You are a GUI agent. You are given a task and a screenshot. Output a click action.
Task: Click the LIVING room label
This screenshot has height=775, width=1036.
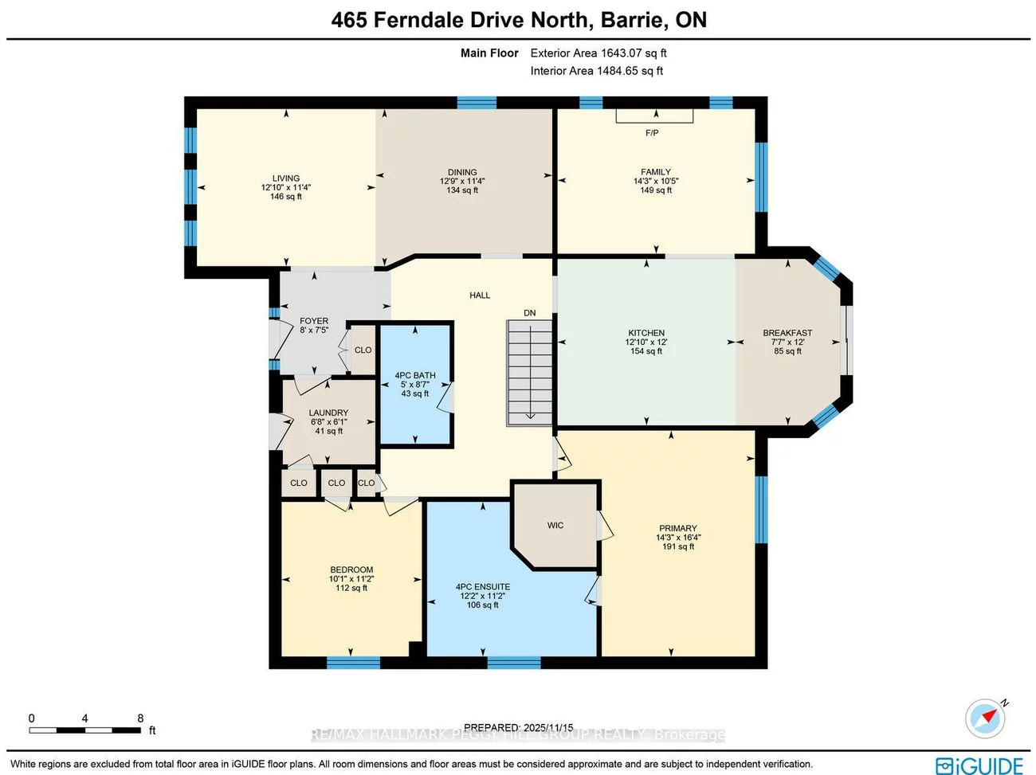click(x=286, y=178)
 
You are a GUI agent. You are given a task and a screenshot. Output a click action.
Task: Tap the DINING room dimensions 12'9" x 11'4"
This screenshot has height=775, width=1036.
click(x=462, y=181)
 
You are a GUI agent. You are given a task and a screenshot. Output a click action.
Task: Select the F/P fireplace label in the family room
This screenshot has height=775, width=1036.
click(x=652, y=133)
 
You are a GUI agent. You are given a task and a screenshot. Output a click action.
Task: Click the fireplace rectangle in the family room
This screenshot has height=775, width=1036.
click(x=654, y=116)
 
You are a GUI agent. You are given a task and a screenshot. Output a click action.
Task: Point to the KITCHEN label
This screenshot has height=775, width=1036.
click(x=646, y=333)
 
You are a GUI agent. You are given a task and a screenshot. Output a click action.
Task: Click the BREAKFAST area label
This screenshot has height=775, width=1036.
click(x=787, y=333)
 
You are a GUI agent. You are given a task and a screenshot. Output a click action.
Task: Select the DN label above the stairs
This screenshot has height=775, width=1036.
click(x=530, y=313)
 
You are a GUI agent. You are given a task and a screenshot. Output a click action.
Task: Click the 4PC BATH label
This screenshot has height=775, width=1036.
click(x=415, y=375)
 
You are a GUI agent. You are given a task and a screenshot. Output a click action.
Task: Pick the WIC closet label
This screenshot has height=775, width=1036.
click(x=555, y=526)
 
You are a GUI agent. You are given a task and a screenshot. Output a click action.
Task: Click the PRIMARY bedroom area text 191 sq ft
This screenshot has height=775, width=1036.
click(x=678, y=546)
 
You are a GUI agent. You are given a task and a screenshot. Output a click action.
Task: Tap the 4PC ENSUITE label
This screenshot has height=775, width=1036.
click(x=483, y=587)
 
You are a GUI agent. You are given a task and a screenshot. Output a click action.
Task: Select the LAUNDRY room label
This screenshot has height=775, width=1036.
click(x=328, y=413)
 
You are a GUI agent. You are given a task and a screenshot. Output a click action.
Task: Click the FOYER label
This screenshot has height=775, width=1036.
click(x=314, y=321)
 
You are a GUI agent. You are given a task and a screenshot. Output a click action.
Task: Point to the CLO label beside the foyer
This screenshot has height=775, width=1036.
click(x=363, y=350)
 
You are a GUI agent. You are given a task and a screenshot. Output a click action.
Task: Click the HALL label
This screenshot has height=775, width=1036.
click(x=480, y=296)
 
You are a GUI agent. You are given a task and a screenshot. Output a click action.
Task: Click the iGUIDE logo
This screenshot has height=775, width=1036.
click(x=979, y=765)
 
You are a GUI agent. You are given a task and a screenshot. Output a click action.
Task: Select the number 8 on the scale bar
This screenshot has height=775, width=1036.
click(x=140, y=718)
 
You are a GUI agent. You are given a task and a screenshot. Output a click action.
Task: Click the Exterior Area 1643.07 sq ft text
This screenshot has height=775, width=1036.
click(x=598, y=53)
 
